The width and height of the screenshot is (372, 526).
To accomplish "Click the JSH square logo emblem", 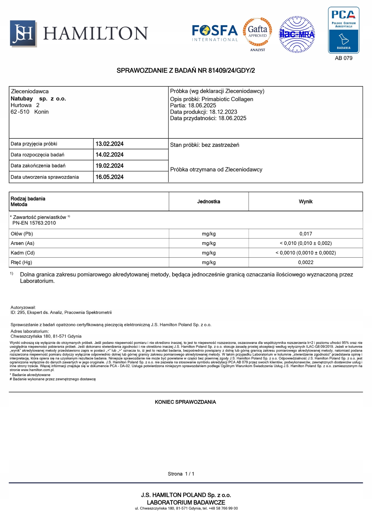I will point(23,34).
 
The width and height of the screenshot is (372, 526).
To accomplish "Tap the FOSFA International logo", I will point(215,33).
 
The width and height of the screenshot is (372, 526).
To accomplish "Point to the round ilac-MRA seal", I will point(296,34).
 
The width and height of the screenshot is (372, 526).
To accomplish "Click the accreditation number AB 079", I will point(343,58).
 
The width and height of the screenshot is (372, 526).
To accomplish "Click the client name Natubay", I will point(22,99).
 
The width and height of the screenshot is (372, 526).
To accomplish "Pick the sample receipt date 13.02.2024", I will point(109,144).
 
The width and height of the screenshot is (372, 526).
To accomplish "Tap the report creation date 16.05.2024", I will point(109,177).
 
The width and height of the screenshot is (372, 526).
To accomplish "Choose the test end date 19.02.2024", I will point(109,166).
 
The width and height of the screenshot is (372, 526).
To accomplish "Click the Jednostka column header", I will point(209,202).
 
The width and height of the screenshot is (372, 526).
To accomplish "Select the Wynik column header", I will point(305,202).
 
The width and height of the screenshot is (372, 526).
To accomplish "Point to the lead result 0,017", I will point(305,234).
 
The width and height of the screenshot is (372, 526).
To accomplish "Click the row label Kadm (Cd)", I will point(23,253).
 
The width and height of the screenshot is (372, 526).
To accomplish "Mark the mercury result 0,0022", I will point(305,262).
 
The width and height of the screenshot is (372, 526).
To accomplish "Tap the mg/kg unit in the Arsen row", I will point(209,243).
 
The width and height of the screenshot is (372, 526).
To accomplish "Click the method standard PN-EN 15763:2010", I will point(34,223).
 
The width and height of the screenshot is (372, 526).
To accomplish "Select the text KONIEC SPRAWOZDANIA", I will point(185,402).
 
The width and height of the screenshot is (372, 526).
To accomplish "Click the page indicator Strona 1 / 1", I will point(181,474).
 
